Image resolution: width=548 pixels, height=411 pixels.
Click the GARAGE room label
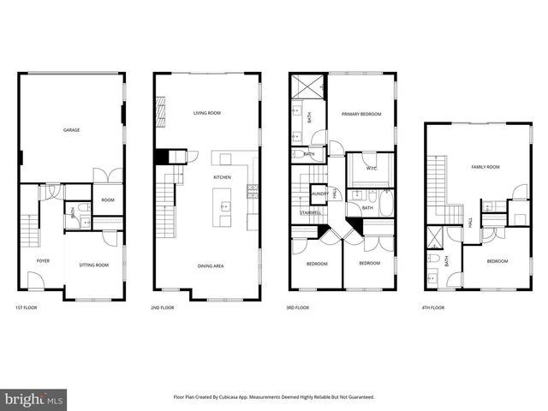point(71,130)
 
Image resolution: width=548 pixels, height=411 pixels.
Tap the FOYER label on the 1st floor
point(43,260)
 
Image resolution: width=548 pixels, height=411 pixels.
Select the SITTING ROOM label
point(94,265)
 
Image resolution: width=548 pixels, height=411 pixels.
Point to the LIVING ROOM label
point(207,113)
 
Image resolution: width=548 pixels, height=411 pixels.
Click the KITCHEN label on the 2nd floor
point(222,177)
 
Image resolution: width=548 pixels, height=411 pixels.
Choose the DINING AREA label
point(211,266)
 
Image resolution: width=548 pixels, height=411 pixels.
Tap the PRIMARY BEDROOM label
point(361,114)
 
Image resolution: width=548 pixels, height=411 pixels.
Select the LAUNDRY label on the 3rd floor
point(319,194)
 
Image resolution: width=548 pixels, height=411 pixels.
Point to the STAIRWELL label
point(310,211)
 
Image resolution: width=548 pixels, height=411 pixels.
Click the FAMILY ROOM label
point(485,167)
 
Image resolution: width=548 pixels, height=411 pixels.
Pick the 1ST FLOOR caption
point(27,307)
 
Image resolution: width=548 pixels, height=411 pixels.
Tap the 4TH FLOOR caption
point(433,307)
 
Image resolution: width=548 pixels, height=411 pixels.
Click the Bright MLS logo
point(34,399)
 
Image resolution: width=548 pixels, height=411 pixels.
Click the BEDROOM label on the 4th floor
point(497,261)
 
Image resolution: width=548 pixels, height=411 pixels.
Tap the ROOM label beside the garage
point(108,200)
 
